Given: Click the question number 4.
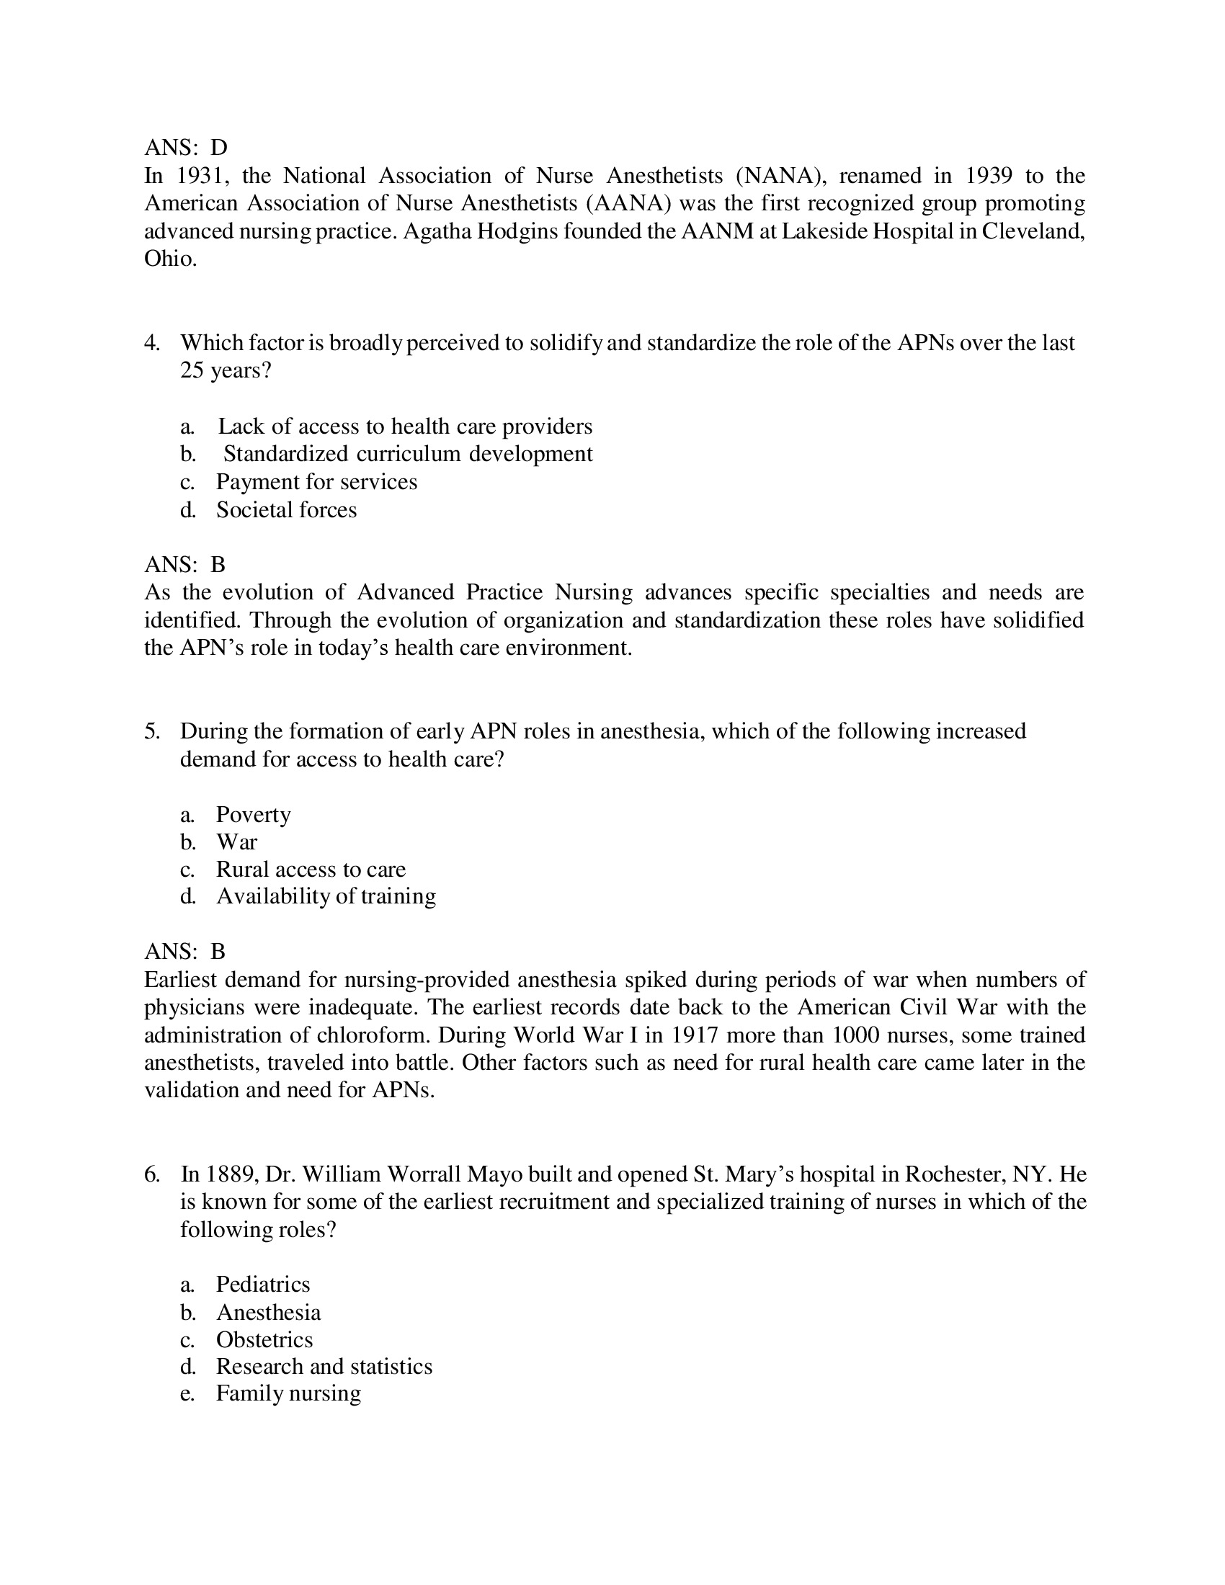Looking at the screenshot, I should (x=151, y=342).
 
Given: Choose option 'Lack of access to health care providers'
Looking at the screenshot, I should (x=405, y=426).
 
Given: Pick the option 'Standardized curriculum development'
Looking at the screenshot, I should (x=408, y=454).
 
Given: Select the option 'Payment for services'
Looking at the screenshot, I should (x=316, y=482).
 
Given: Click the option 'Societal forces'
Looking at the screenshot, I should (x=286, y=509).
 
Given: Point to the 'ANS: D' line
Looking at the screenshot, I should (x=186, y=147).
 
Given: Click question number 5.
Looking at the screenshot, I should (x=151, y=731).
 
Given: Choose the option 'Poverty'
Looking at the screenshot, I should (x=253, y=814).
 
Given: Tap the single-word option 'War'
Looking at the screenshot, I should (x=236, y=841).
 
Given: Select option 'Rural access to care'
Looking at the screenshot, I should (x=311, y=870).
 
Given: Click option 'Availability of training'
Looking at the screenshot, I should (x=326, y=896).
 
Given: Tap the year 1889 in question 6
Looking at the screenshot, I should (x=230, y=1174).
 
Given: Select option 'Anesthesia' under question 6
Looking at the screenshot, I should (x=269, y=1312).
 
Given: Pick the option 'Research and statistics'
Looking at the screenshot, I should (x=324, y=1367).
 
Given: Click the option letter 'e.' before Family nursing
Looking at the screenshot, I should (x=187, y=1394).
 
